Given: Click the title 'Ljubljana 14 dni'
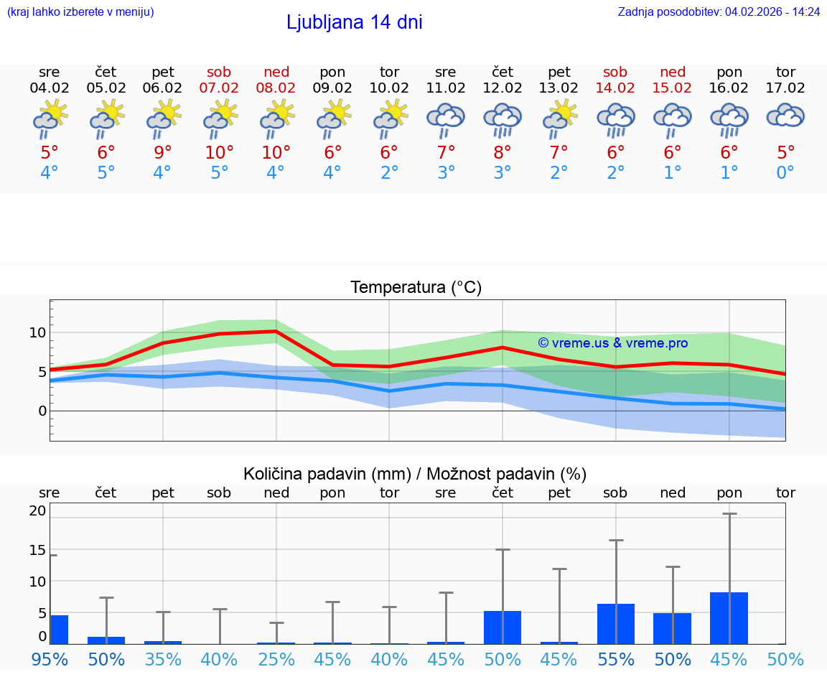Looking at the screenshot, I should click(354, 22).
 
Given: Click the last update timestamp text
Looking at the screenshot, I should click(719, 11).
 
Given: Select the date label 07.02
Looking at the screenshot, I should click(219, 88).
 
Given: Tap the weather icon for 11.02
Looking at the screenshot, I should click(446, 120).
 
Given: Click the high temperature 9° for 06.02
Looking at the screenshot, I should click(163, 152).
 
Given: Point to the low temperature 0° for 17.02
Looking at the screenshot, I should click(785, 173).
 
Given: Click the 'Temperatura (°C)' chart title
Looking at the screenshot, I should click(416, 288).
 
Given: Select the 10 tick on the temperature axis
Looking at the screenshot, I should click(37, 332).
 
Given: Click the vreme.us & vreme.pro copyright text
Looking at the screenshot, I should click(613, 343).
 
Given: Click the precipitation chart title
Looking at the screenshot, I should click(415, 474).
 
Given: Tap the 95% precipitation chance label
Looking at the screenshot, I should click(50, 659).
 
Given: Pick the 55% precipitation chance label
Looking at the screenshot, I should click(616, 659).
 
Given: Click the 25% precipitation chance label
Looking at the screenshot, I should click(276, 659).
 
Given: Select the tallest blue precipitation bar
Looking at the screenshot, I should click(729, 618).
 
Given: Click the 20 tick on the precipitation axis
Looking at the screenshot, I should click(37, 511).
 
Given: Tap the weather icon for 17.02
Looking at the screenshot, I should click(785, 116).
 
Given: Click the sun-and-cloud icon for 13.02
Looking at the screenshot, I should click(559, 120).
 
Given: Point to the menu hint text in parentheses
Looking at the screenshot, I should click(80, 11).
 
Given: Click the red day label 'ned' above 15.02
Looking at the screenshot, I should click(673, 72).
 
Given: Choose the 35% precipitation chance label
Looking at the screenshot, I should click(163, 659).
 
